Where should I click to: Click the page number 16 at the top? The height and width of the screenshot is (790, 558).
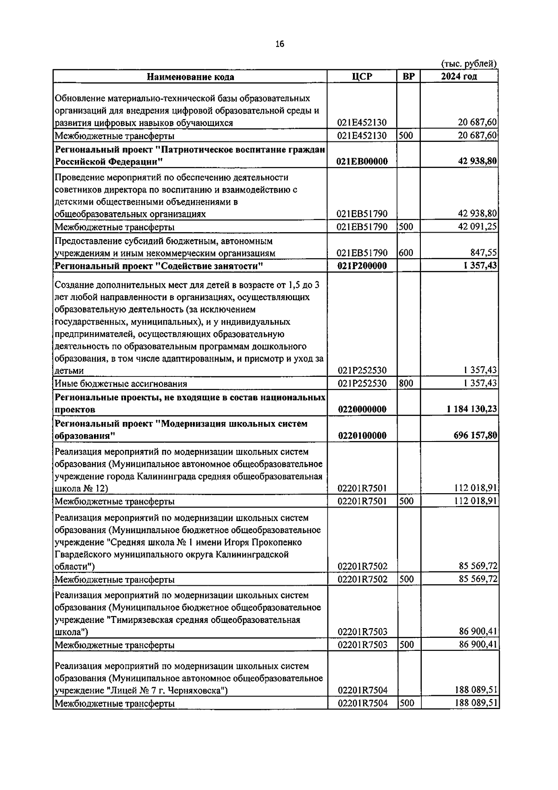click(279, 44)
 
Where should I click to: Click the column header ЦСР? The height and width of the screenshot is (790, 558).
click(362, 77)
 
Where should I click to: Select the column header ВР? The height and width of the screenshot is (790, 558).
click(408, 77)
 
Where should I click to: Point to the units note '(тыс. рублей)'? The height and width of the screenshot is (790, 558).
click(469, 64)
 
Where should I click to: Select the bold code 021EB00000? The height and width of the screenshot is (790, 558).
click(362, 162)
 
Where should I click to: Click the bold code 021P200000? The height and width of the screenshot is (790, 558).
click(362, 266)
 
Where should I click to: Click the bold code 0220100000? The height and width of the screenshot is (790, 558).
click(362, 436)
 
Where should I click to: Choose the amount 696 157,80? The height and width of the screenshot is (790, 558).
click(475, 436)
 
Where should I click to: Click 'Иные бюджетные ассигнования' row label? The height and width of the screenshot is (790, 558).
click(121, 384)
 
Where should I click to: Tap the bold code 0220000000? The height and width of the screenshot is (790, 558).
click(362, 409)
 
